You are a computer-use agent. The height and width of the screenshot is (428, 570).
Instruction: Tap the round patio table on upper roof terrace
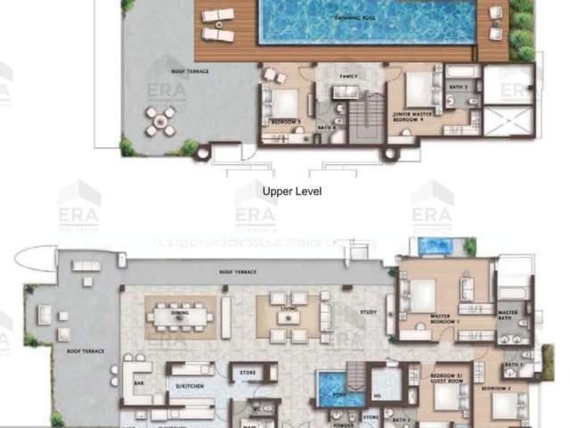[x=160, y=121]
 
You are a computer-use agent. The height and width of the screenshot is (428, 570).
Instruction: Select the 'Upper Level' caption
[x=292, y=191]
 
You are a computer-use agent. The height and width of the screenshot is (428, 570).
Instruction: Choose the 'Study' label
[x=368, y=312]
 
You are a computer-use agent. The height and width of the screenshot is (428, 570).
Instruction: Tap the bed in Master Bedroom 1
[x=422, y=294]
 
